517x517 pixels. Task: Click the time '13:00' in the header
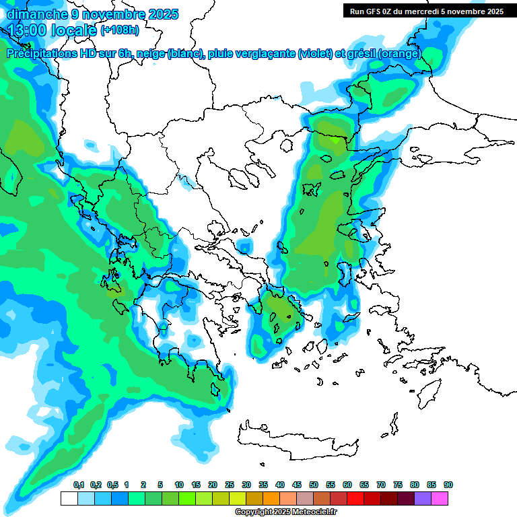(28, 30)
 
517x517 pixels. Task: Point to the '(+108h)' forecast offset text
(120, 30)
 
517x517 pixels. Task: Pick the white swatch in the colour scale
(69, 498)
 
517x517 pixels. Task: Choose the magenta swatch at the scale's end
(440, 498)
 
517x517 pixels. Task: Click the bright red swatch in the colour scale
(355, 498)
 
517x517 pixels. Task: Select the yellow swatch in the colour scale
(238, 498)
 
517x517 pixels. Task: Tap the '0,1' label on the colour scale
(78, 485)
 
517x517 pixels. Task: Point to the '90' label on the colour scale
(448, 485)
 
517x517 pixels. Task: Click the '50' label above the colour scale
(314, 485)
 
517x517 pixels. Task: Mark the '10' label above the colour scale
(179, 485)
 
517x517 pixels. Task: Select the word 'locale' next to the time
(74, 30)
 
